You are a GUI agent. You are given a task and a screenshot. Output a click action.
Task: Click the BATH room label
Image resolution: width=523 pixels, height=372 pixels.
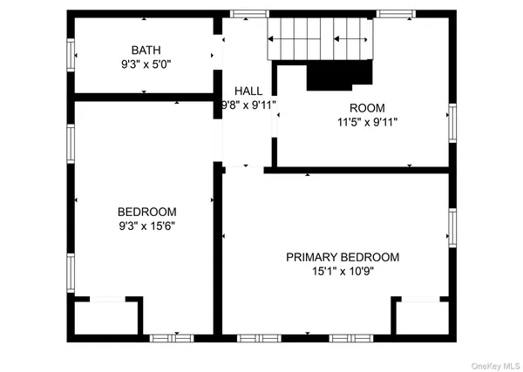[x=146, y=51]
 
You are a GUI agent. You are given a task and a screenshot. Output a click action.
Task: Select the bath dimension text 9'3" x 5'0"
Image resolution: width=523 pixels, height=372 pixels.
[x=146, y=64]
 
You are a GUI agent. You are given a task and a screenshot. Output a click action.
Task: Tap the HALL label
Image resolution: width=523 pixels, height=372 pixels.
[x=248, y=91]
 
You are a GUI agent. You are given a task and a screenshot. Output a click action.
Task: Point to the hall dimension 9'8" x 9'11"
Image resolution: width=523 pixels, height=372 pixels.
[x=248, y=105]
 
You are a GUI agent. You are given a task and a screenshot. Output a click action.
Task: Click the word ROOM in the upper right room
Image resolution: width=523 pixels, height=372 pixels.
[x=367, y=108]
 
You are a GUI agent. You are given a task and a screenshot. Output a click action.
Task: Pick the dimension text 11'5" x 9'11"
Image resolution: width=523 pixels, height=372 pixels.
[x=367, y=122]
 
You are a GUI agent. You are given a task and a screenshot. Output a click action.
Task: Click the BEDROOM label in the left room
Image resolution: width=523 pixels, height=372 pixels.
[x=146, y=212]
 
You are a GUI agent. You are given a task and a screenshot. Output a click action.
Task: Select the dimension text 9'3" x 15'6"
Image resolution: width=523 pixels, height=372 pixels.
[x=146, y=226]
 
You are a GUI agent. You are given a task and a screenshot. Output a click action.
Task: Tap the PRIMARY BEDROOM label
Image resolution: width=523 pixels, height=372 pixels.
[x=343, y=257]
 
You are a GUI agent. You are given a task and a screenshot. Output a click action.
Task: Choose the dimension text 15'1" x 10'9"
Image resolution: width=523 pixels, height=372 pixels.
[x=343, y=271]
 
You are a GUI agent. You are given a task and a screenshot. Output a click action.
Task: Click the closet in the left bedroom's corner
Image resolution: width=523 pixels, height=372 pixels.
[x=105, y=317]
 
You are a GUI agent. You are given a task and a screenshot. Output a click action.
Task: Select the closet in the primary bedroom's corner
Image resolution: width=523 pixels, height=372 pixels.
[x=421, y=317]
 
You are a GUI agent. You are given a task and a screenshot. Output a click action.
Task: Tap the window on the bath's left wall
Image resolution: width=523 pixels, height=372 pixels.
[x=70, y=55]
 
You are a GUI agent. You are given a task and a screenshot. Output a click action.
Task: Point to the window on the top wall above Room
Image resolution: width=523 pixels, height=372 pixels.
[x=396, y=13]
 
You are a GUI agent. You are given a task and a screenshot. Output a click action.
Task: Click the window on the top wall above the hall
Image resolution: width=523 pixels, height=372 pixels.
[x=248, y=13]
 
